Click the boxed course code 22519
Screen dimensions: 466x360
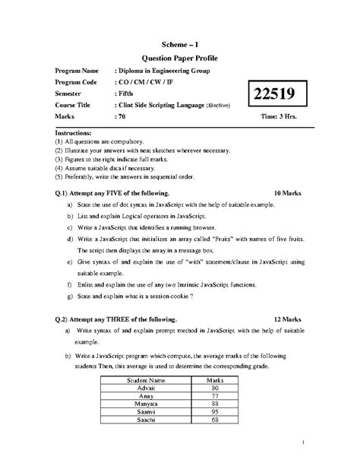click(x=262, y=95)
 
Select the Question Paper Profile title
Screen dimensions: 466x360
click(x=180, y=58)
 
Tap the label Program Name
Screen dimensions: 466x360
click(x=77, y=71)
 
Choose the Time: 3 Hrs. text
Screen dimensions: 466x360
click(x=283, y=117)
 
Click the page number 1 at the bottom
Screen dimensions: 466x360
click(x=302, y=441)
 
